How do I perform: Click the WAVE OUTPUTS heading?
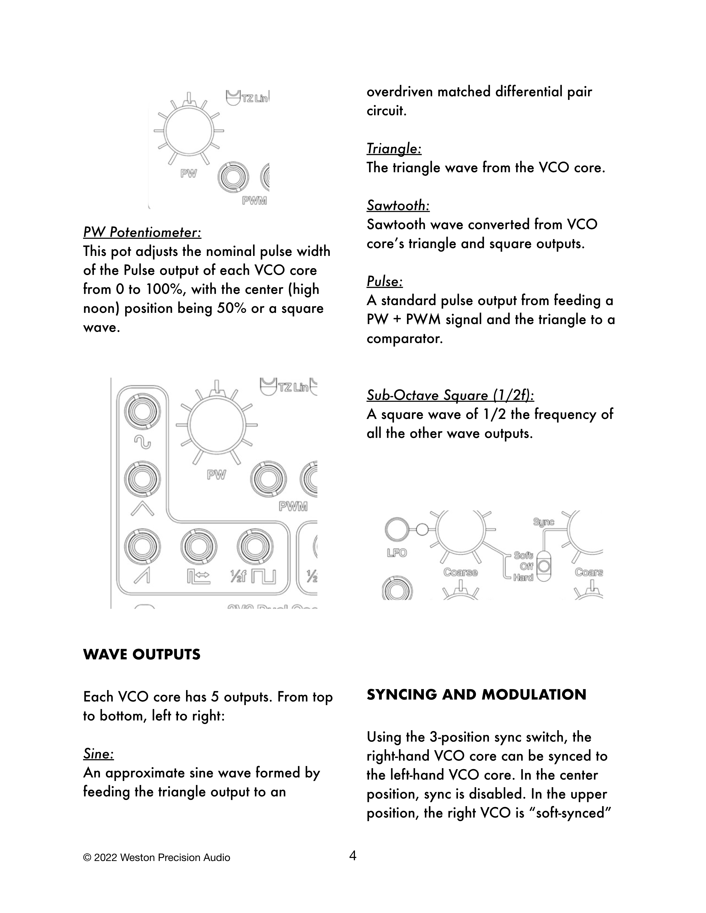[142, 654]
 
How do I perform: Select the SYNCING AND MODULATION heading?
[476, 694]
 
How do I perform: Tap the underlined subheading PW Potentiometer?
[142, 232]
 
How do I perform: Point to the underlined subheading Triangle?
[394, 148]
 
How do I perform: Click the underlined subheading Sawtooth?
[398, 205]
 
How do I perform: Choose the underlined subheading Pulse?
[385, 281]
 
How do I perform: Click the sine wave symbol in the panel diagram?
[142, 442]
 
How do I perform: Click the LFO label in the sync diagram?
[396, 553]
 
